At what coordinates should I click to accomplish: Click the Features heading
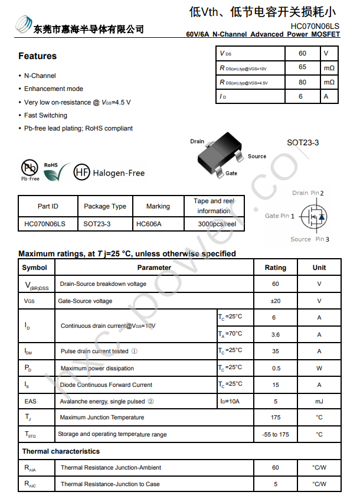click(37, 56)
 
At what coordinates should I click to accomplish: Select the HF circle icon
click(81, 172)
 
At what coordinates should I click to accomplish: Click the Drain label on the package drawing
click(197, 141)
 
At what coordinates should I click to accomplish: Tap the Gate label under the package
click(231, 173)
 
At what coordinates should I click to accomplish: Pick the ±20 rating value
click(275, 301)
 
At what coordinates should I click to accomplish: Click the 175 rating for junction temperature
click(275, 417)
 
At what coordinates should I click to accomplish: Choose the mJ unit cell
click(319, 401)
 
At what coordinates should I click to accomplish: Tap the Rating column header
click(275, 268)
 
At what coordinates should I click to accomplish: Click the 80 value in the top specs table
click(302, 83)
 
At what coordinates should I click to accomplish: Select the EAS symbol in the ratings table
click(31, 401)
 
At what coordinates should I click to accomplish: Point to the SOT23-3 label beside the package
click(303, 142)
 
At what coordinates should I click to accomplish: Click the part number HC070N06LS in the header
click(315, 26)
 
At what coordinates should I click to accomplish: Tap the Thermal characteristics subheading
click(61, 451)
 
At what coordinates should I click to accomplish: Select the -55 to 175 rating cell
click(275, 434)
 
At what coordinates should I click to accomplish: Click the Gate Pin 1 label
click(280, 216)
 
